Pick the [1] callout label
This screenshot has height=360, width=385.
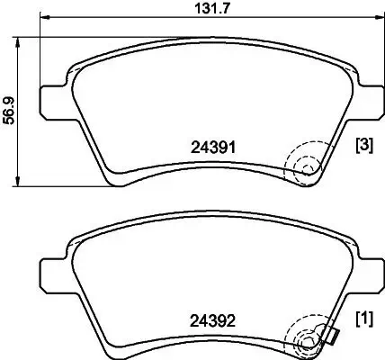[365, 319]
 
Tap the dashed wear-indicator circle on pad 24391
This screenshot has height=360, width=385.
[306, 166]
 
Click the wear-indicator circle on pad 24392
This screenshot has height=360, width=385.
[306, 341]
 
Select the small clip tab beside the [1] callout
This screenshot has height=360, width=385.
[331, 337]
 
